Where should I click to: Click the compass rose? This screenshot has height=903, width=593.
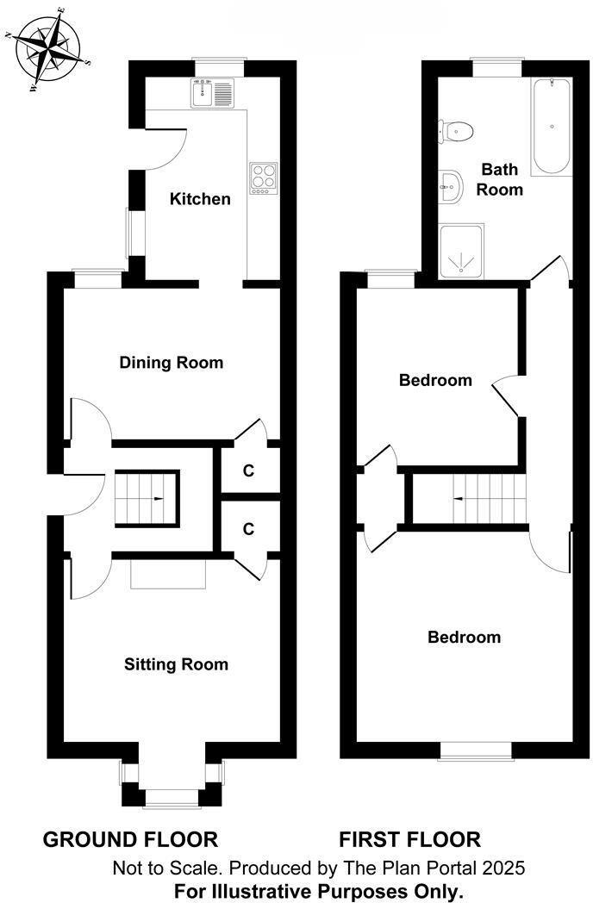(48, 47)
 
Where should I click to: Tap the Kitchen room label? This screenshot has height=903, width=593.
(200, 199)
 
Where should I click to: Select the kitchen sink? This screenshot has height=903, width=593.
(213, 93)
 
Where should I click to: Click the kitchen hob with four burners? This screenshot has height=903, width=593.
(264, 177)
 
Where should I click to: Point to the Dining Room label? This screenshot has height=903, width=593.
(171, 363)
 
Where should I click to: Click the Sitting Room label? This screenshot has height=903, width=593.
(176, 664)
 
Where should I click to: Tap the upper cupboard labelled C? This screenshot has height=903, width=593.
(248, 471)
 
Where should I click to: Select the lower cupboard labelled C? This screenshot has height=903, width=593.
(248, 529)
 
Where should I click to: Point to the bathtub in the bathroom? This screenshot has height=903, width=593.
(550, 128)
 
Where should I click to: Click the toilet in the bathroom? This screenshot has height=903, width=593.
(456, 131)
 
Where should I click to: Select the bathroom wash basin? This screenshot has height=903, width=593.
(451, 183)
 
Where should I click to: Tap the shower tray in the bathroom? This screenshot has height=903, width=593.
(462, 252)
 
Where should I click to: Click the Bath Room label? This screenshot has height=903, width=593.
(501, 179)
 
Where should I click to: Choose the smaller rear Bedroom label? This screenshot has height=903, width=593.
(435, 380)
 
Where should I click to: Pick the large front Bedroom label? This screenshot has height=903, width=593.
(464, 638)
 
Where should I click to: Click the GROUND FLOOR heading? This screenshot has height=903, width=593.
(130, 839)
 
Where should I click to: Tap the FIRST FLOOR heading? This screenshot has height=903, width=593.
(409, 839)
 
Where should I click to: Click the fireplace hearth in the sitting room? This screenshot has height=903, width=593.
(168, 576)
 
